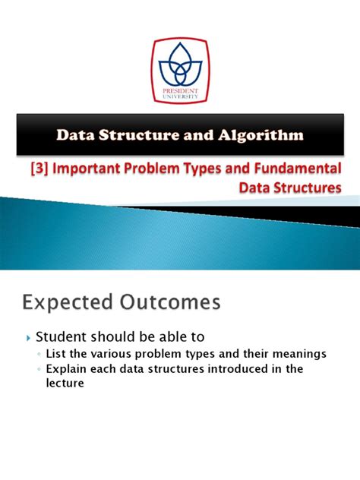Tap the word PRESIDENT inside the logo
pyautogui.click(x=180, y=85)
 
